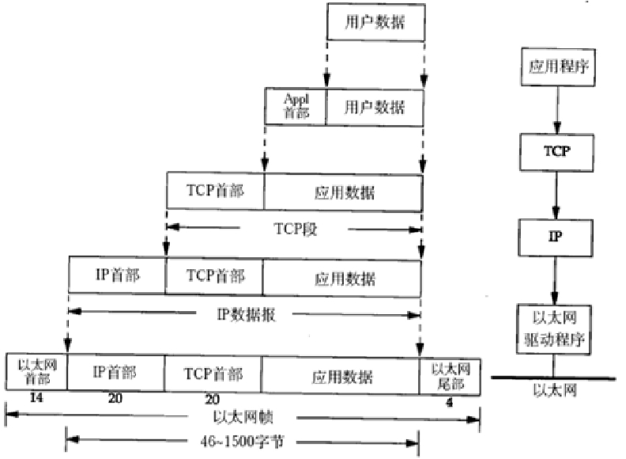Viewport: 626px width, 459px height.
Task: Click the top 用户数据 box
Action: click(377, 24)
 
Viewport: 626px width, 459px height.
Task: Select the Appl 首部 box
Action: click(295, 106)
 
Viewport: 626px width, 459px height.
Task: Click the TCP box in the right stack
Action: click(556, 150)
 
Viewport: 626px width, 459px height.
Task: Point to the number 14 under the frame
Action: click(36, 400)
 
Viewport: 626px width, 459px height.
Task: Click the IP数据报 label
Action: click(245, 314)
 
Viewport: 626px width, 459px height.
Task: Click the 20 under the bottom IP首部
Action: click(116, 400)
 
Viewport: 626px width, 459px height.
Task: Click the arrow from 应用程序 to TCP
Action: click(556, 111)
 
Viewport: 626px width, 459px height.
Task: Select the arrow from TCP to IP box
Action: click(556, 194)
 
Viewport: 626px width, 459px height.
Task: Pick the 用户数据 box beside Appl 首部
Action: click(375, 106)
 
